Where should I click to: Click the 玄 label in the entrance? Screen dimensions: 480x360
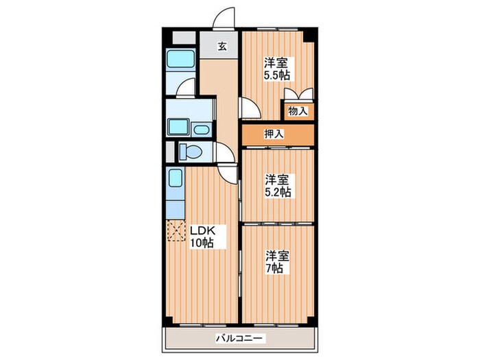223,47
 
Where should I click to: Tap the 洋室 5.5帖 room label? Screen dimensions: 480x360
277,69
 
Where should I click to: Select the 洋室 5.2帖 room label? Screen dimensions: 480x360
278,186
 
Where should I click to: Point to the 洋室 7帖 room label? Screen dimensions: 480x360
277,262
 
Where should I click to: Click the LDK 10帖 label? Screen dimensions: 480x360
204,237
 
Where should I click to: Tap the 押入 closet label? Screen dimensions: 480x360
274,134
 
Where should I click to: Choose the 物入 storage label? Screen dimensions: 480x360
298,111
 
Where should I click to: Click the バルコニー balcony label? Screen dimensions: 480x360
240,339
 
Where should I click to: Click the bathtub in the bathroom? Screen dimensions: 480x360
180,59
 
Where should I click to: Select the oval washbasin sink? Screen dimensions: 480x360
202,130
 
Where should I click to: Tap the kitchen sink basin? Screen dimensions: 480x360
176,178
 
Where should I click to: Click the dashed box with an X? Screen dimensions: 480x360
176,230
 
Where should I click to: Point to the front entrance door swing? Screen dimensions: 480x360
224,18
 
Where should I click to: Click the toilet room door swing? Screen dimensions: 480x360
226,152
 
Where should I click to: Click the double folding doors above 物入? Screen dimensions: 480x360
299,94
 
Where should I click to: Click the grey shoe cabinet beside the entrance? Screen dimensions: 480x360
184,37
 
